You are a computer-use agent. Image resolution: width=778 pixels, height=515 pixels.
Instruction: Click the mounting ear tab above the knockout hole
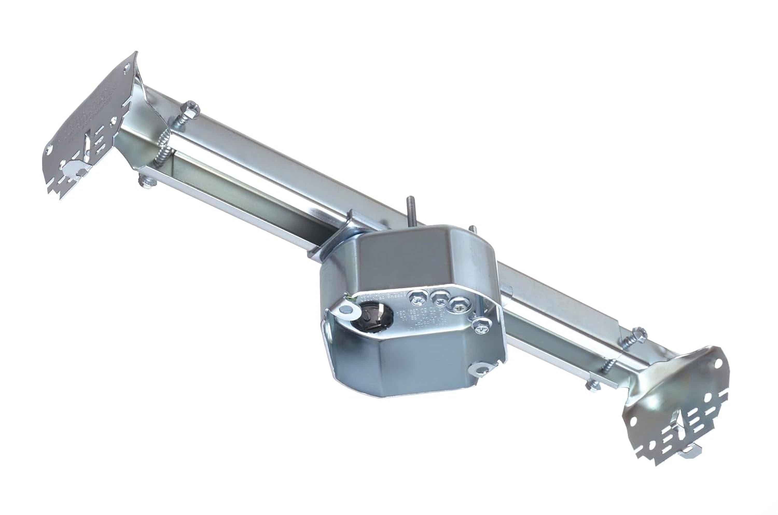point(348,309)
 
